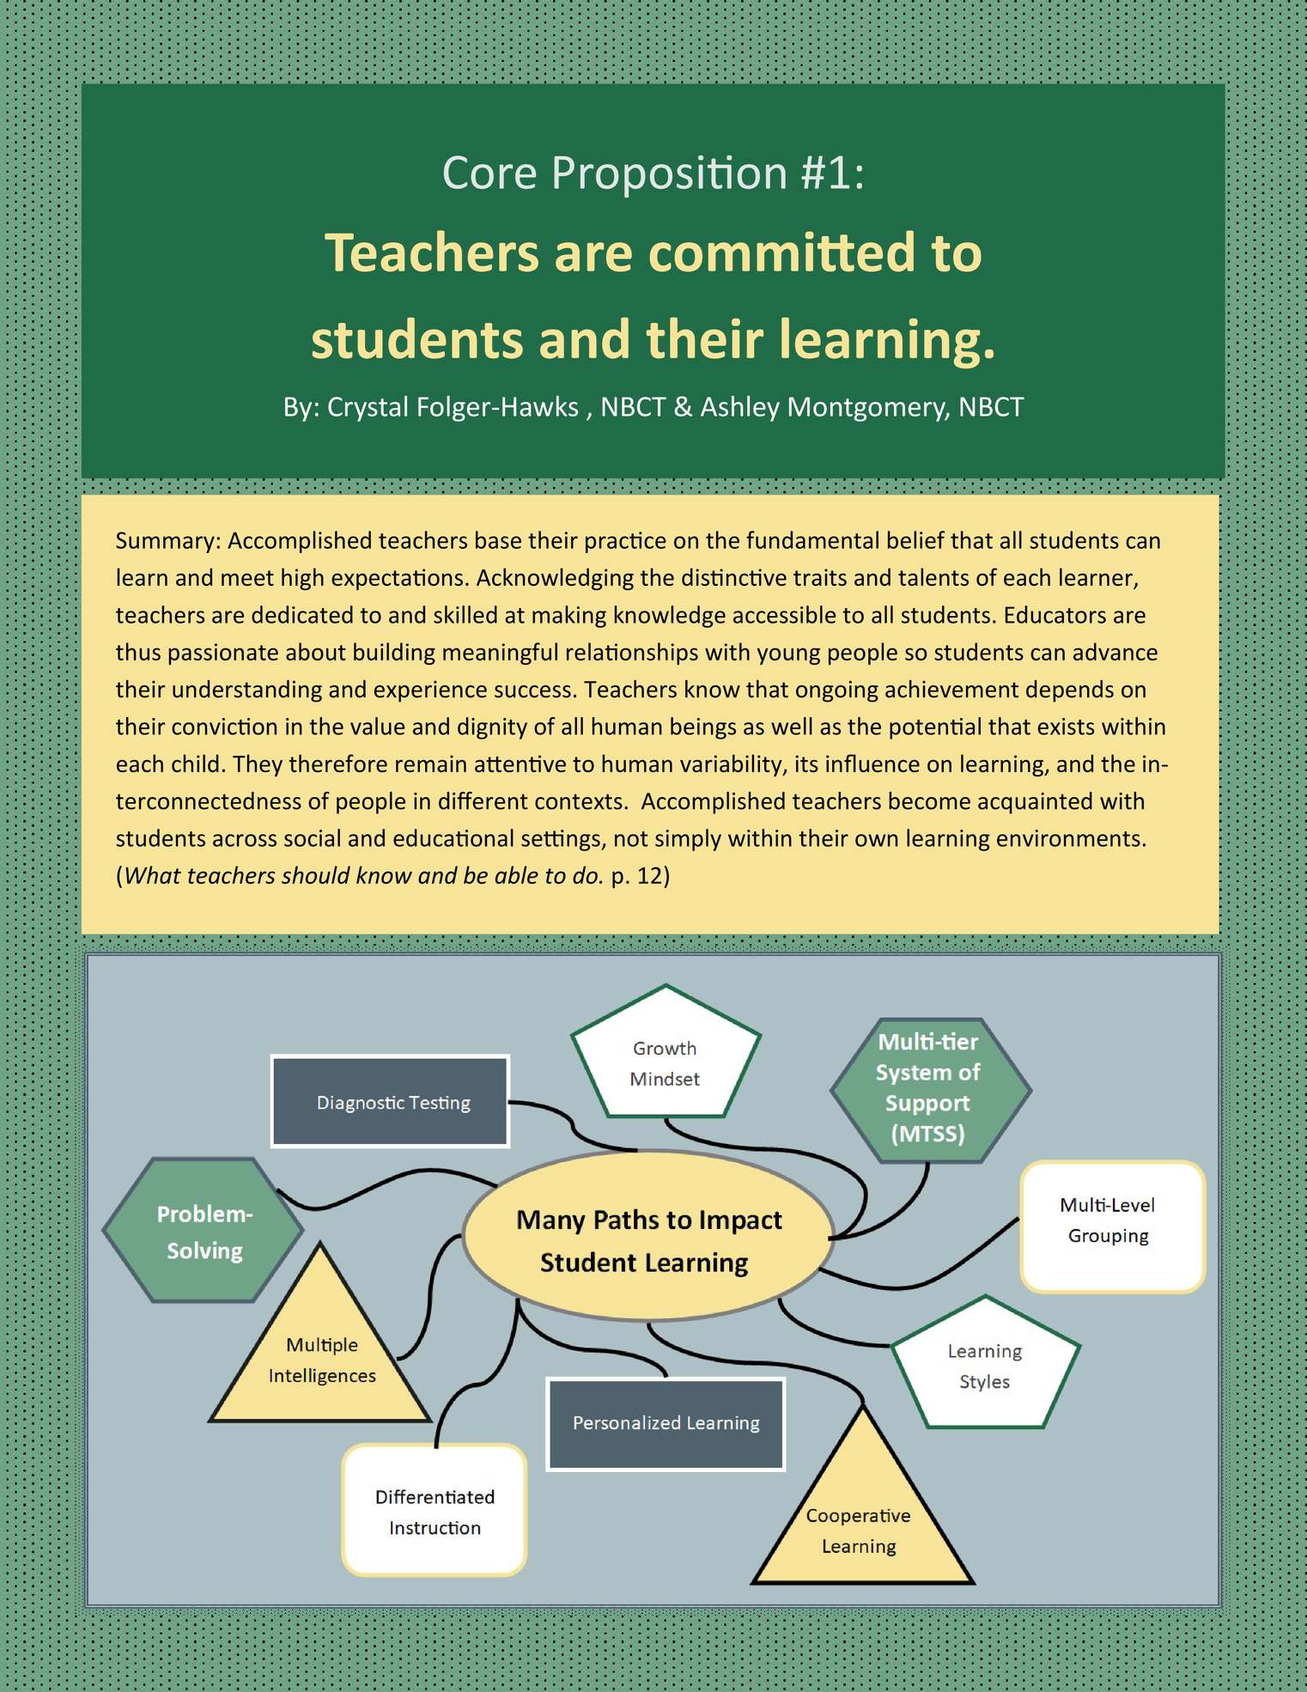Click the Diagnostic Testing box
click(x=391, y=1102)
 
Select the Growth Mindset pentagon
click(x=666, y=1062)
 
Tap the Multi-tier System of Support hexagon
click(x=929, y=1089)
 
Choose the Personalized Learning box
click(x=666, y=1423)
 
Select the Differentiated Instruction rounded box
click(x=435, y=1512)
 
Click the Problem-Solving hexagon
click(x=204, y=1231)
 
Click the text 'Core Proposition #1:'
click(x=653, y=173)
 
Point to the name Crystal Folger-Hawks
click(x=453, y=407)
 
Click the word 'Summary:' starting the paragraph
click(x=168, y=541)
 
